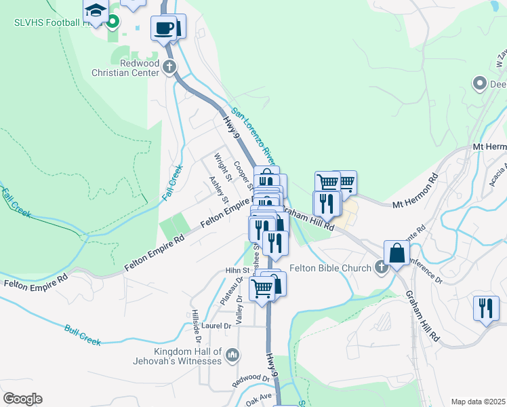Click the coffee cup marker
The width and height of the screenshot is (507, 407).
163,28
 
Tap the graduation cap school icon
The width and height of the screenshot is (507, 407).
96,12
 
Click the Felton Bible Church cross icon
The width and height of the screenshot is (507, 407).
381,267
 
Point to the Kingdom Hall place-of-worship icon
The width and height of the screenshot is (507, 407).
232,355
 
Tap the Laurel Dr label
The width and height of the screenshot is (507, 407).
216,326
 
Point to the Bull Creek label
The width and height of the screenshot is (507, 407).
83,335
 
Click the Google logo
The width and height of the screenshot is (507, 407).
22,399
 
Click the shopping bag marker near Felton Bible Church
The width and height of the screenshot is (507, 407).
397,253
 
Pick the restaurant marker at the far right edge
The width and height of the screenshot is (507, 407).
485,308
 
